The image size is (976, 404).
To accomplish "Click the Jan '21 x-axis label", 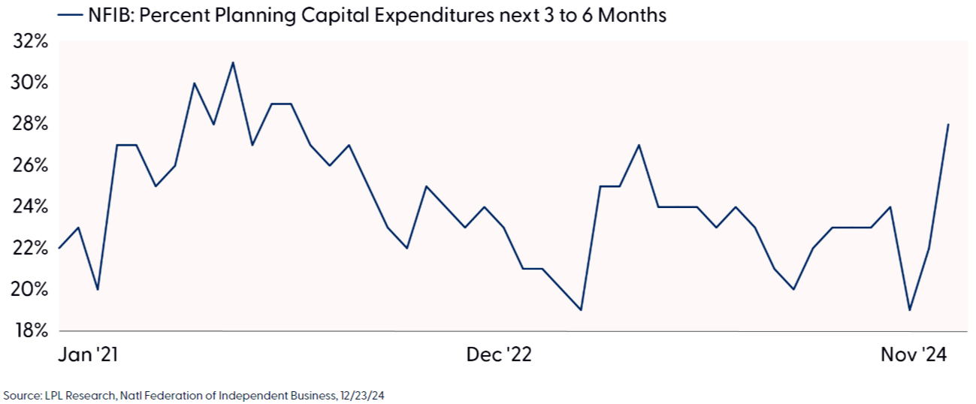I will click(x=89, y=354).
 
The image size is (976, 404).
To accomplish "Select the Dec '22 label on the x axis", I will click(x=499, y=354).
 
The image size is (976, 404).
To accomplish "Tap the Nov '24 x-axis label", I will click(x=914, y=354).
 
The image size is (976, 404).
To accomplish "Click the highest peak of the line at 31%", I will click(x=233, y=62).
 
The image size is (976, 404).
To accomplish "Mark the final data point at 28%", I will click(x=948, y=125).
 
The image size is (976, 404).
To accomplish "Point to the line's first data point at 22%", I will click(x=59, y=248).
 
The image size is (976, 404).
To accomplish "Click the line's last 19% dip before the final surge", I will click(x=910, y=309).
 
